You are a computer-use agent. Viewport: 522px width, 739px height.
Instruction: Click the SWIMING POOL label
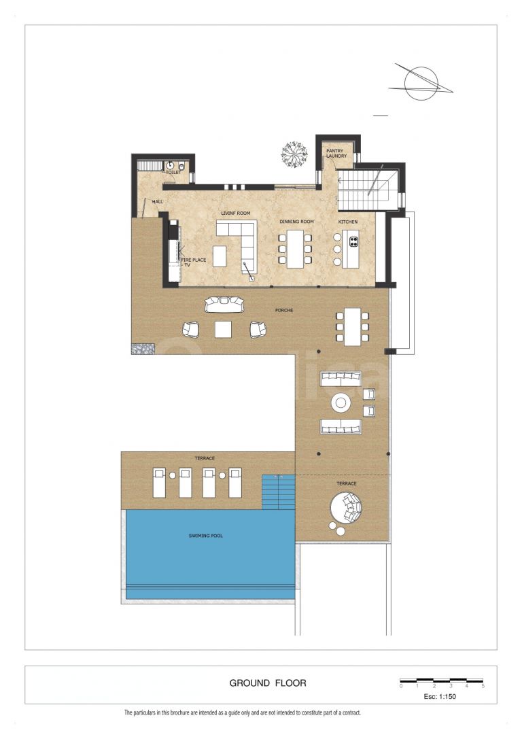click(205, 536)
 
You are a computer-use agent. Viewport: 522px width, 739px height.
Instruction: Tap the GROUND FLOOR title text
click(267, 683)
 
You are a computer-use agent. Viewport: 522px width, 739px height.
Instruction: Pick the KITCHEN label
click(347, 222)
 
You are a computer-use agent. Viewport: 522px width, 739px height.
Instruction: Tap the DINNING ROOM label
click(296, 222)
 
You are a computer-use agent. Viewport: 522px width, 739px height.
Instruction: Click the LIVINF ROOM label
click(235, 213)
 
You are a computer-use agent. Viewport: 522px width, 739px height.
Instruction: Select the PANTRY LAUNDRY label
click(336, 153)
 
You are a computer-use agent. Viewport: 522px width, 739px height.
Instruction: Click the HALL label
click(158, 201)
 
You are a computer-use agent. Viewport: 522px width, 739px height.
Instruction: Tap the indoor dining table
click(295, 249)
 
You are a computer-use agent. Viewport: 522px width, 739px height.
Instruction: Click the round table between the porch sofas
click(341, 402)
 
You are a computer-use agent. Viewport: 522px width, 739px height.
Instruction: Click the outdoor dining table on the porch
click(352, 326)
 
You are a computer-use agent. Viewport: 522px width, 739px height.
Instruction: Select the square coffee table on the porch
click(224, 330)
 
